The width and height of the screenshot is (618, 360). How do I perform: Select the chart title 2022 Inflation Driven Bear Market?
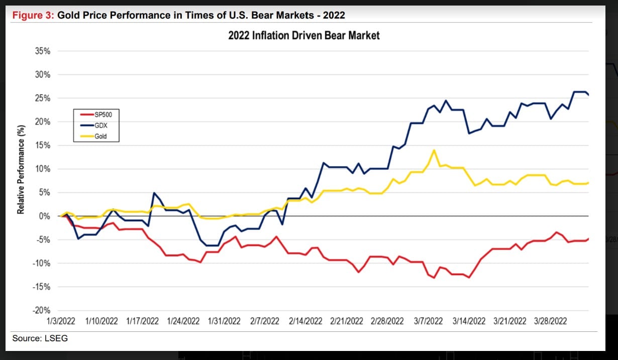(x=304, y=36)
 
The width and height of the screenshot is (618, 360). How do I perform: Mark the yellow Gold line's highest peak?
(x=434, y=150)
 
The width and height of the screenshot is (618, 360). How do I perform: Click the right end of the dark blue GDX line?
(x=588, y=95)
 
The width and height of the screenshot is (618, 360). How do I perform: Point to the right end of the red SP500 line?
(x=588, y=238)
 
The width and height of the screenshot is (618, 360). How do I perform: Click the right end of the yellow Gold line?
(x=588, y=183)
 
